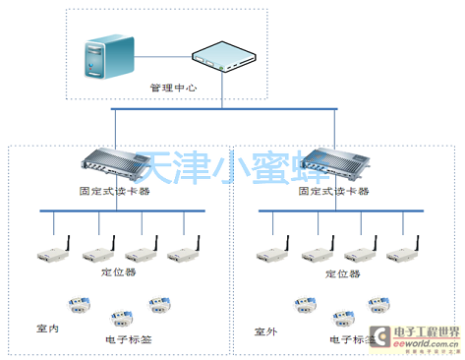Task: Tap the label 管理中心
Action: [173, 88]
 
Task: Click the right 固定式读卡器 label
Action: [334, 190]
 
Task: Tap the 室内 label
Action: [47, 328]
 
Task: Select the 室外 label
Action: [265, 330]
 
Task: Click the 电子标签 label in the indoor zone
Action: [128, 339]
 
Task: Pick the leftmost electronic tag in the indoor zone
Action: [75, 304]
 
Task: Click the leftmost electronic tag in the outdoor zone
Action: [302, 304]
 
